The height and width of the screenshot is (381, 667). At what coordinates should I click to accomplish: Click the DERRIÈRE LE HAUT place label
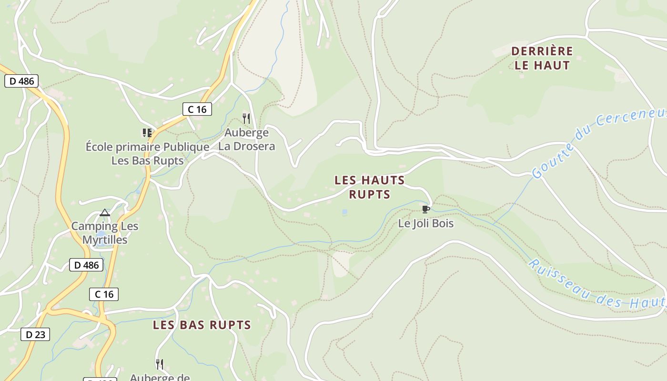click(542, 58)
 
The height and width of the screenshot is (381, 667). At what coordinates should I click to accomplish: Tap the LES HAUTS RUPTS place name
click(370, 187)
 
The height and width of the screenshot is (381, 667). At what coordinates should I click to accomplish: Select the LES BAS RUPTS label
click(202, 325)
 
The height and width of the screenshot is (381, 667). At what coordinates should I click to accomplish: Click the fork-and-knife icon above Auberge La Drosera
click(246, 118)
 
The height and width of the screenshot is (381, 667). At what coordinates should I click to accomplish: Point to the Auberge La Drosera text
click(246, 139)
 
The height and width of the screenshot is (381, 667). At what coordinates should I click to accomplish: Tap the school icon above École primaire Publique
click(147, 132)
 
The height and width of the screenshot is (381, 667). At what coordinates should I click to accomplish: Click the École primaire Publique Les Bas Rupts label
click(147, 153)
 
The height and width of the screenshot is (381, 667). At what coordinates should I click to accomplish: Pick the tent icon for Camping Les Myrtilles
click(105, 212)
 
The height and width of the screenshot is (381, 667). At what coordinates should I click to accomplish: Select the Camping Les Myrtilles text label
click(105, 233)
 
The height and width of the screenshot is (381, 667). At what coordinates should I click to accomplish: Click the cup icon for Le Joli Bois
click(426, 209)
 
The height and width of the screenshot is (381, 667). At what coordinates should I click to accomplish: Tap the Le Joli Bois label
click(426, 223)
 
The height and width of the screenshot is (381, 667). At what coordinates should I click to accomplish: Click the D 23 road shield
click(35, 334)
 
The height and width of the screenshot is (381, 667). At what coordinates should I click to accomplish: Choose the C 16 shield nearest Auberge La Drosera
click(197, 109)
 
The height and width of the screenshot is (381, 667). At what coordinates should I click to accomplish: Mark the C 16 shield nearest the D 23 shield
click(104, 294)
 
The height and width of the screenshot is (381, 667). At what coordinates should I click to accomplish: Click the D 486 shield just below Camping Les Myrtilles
click(86, 265)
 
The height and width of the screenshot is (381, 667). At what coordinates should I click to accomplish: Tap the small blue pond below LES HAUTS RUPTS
click(344, 212)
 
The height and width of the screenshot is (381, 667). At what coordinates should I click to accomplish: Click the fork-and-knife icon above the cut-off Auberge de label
click(160, 364)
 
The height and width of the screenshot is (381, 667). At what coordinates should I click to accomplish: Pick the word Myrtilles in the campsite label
click(105, 240)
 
